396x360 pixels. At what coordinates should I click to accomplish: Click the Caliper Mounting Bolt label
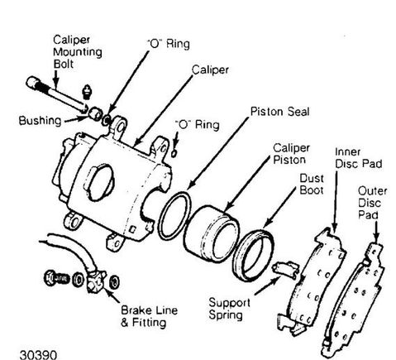point(78,52)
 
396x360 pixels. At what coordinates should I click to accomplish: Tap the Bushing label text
point(40,121)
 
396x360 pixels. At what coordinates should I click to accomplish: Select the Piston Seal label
point(279,112)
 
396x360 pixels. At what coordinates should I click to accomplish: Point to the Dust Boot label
point(312,185)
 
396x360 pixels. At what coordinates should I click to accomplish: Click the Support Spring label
point(229,309)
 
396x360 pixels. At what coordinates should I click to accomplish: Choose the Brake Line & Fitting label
point(149,316)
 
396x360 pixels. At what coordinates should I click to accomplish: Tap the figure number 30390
point(38,355)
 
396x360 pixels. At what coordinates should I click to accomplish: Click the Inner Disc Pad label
point(358,158)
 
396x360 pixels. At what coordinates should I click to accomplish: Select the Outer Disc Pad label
point(372,203)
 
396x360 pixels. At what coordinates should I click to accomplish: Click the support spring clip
point(286,269)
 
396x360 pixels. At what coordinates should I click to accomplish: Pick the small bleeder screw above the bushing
point(87,92)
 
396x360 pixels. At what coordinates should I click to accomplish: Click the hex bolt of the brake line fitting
point(56,278)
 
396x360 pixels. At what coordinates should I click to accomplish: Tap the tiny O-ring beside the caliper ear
point(174,153)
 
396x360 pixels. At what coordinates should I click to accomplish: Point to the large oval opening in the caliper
point(100,183)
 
